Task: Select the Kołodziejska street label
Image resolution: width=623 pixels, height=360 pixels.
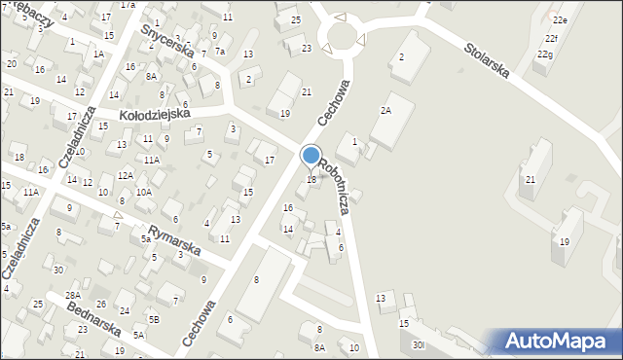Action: pos(155,115)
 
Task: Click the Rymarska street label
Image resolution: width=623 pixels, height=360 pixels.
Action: pos(167,235)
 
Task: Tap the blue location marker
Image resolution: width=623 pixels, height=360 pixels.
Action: pos(311,156)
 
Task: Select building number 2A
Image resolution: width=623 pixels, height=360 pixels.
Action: pos(385,111)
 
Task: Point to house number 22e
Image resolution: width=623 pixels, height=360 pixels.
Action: pos(559,19)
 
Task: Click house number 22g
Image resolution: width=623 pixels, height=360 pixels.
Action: pos(545,54)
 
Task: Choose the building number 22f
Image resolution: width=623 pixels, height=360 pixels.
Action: pos(552,38)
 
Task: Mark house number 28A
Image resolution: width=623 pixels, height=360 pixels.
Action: pos(72,295)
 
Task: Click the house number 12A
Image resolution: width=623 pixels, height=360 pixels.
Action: pos(126,175)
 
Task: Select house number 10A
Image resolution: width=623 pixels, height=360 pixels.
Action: pos(143,193)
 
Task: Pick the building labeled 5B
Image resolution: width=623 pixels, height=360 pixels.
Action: pos(154,319)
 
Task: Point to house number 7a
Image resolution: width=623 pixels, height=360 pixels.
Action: pos(220,51)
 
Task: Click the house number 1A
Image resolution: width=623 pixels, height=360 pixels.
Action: pos(98,54)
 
